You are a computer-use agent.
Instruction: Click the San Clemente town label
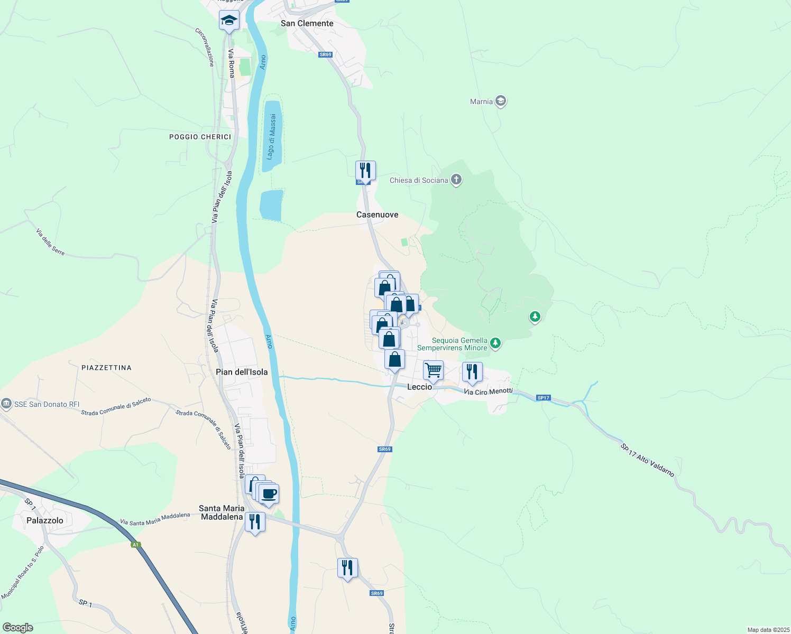pyautogui.click(x=307, y=23)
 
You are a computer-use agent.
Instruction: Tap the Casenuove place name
pyautogui.click(x=377, y=215)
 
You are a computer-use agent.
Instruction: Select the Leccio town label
pyautogui.click(x=419, y=387)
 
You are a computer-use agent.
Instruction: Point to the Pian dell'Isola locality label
pyautogui.click(x=242, y=372)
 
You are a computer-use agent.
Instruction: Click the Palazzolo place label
pyautogui.click(x=45, y=520)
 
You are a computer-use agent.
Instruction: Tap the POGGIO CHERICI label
pyautogui.click(x=200, y=137)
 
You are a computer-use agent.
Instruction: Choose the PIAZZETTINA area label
pyautogui.click(x=106, y=368)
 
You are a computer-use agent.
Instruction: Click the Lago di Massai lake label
pyautogui.click(x=271, y=137)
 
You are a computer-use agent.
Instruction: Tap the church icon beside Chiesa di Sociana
pyautogui.click(x=456, y=180)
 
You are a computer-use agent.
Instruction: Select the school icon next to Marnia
pyautogui.click(x=501, y=101)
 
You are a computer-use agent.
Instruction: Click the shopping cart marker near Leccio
pyautogui.click(x=433, y=370)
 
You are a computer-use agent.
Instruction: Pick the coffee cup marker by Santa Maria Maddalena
pyautogui.click(x=269, y=494)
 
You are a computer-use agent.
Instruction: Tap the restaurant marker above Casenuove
pyautogui.click(x=365, y=171)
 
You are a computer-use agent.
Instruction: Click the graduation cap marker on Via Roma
pyautogui.click(x=229, y=21)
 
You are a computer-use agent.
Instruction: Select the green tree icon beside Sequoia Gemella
pyautogui.click(x=495, y=343)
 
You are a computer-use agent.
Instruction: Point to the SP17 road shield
pyautogui.click(x=543, y=398)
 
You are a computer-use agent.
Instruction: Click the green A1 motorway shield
pyautogui.click(x=136, y=545)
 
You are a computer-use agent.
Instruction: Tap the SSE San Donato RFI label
pyautogui.click(x=47, y=404)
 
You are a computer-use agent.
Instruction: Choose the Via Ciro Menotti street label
pyautogui.click(x=488, y=391)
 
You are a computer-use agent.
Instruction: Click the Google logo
pyautogui.click(x=18, y=628)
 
